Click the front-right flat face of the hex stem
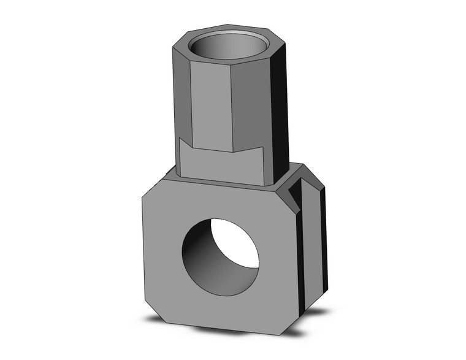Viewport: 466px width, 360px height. (x=251, y=104)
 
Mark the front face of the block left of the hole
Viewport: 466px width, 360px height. (x=162, y=251)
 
